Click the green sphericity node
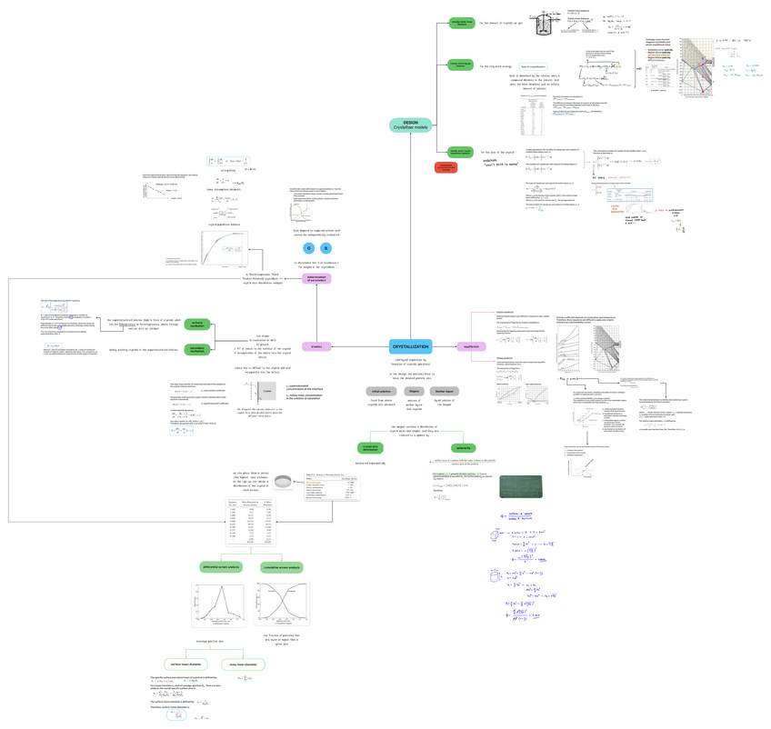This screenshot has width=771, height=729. (x=463, y=447)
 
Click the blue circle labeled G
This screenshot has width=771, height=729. (x=309, y=248)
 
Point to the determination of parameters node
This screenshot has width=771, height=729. (x=316, y=280)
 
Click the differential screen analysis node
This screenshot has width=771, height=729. (x=220, y=567)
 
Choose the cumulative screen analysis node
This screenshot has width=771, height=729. (x=283, y=567)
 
